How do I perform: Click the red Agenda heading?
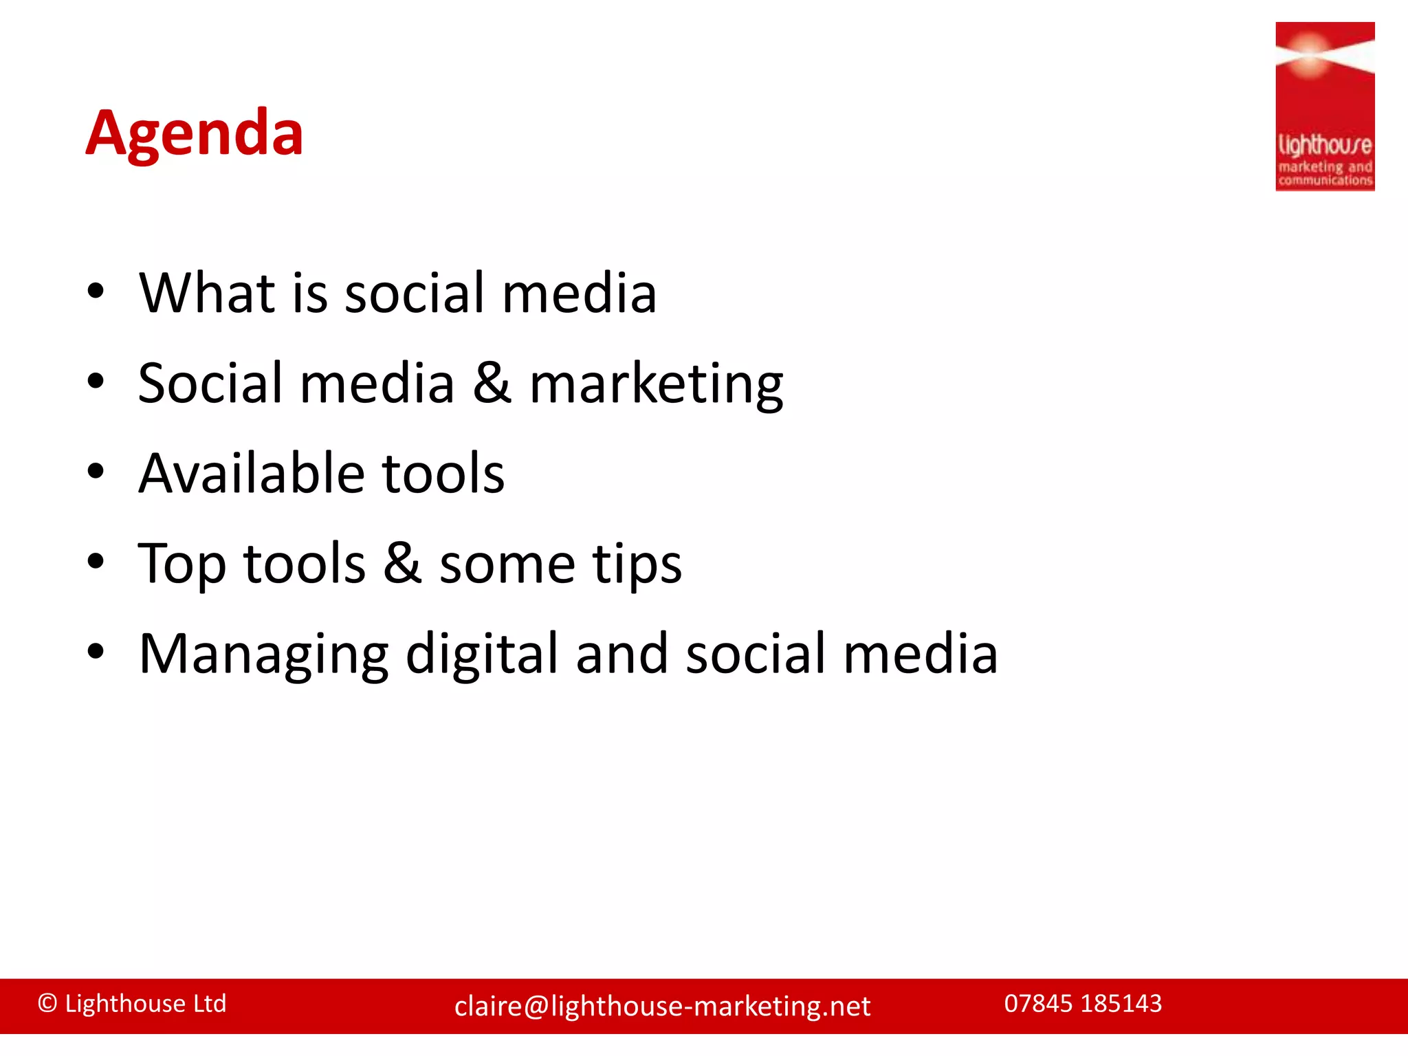tap(194, 133)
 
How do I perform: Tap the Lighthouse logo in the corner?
tap(1324, 107)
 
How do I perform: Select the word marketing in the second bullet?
tap(656, 384)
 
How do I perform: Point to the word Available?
tap(251, 474)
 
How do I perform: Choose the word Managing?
tap(263, 655)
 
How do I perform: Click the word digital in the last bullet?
tap(481, 655)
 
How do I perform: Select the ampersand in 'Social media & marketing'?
tap(492, 384)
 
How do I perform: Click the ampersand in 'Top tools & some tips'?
tap(402, 564)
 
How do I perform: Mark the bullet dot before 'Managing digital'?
tap(96, 652)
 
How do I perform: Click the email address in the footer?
tap(662, 1006)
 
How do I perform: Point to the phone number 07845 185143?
tap(1083, 1004)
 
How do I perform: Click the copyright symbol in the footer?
tap(47, 1004)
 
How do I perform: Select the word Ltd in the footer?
tap(210, 1004)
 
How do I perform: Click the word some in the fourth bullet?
tap(507, 565)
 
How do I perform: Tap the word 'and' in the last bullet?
tap(621, 654)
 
